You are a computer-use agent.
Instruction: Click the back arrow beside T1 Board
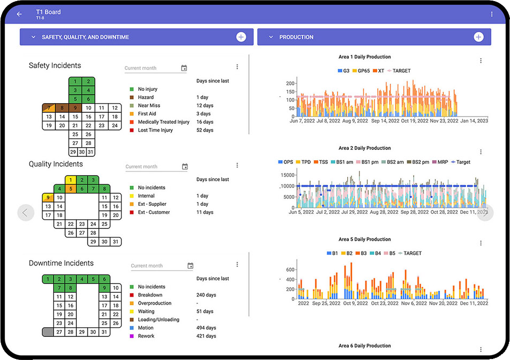[x=19, y=14]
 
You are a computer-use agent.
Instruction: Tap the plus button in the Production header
[x=478, y=37]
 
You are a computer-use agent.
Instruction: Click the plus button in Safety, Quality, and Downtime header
[x=241, y=37]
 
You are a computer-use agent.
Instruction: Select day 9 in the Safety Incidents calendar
[x=75, y=108]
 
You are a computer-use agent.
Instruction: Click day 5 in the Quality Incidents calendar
[x=71, y=189]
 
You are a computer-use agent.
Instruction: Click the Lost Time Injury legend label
[x=155, y=130]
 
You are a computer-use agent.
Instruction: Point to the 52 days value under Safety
[x=205, y=130]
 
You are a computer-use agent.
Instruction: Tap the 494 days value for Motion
[x=206, y=328]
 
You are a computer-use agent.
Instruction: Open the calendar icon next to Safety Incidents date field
[x=184, y=68]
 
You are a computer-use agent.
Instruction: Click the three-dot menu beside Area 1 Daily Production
[x=480, y=61]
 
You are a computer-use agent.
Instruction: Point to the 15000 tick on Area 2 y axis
[x=288, y=175]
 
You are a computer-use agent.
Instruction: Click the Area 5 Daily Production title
[x=364, y=239]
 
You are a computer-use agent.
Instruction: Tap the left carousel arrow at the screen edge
[x=25, y=212]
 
